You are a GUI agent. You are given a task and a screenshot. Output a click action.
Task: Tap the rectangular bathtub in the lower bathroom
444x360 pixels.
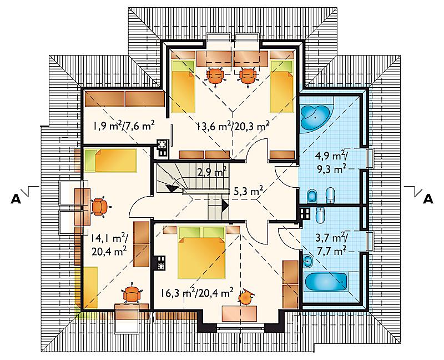[x=325, y=282]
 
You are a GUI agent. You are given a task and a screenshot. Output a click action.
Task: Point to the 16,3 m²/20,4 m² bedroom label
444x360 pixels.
[x=197, y=293]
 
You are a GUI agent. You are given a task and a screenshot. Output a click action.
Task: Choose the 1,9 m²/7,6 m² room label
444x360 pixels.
[x=123, y=126]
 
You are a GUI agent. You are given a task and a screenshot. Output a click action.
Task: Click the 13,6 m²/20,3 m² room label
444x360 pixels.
[x=233, y=127]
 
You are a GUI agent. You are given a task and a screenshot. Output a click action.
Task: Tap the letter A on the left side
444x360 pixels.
[x=16, y=199]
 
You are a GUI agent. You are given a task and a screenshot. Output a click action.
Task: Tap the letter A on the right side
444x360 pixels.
[x=428, y=199]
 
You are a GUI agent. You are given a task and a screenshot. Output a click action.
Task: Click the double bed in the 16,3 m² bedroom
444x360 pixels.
[x=201, y=253]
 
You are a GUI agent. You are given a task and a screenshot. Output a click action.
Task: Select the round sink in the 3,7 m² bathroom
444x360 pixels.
[x=307, y=261]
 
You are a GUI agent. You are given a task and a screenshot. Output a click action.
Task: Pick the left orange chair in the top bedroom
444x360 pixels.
[x=216, y=76]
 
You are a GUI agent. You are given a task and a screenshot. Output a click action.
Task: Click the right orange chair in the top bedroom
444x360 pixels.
[x=249, y=76]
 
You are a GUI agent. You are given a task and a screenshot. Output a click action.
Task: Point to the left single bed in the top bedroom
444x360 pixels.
[x=183, y=87]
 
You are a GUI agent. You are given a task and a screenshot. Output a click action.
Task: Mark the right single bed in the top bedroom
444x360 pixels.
[x=281, y=87]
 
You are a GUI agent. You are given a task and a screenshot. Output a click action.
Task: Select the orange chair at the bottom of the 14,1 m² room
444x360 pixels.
[x=132, y=294]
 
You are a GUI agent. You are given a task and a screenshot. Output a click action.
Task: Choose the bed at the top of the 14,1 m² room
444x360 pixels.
[x=110, y=161]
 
